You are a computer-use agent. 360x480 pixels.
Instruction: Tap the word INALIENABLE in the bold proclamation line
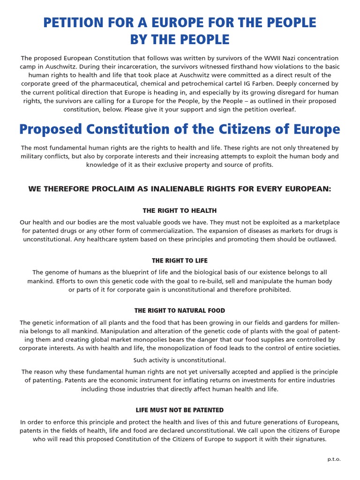(171, 189)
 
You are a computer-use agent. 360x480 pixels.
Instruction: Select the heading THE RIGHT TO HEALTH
(180, 211)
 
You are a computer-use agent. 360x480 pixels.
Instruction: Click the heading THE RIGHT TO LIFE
(180, 261)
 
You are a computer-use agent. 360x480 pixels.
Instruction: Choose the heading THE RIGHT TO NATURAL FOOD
(180, 311)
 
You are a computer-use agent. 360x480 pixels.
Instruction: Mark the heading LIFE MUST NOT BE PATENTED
(180, 410)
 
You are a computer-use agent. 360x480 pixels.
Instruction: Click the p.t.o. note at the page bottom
(334, 459)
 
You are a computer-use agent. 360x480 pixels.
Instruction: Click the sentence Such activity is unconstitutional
(180, 360)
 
